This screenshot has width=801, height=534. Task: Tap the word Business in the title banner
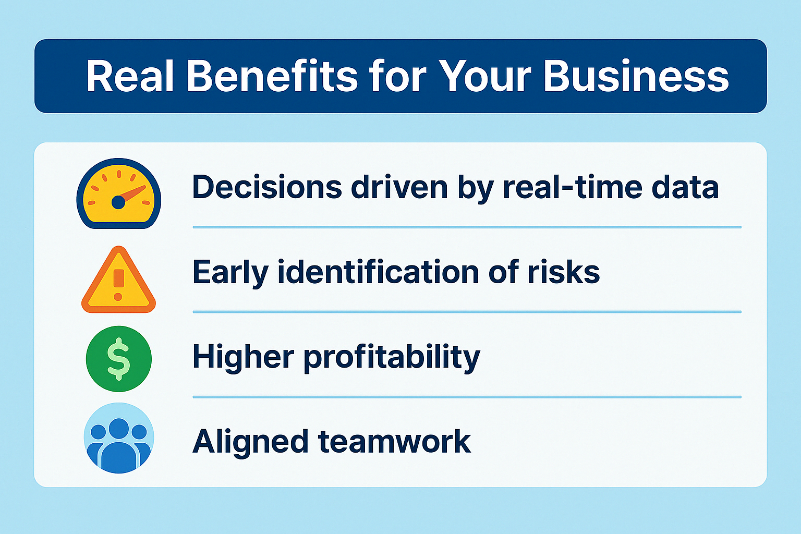636,77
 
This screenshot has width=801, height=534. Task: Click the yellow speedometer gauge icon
119,193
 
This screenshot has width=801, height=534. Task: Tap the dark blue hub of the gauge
118,202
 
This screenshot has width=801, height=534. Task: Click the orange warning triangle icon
119,280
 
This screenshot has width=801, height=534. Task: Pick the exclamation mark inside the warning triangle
118,285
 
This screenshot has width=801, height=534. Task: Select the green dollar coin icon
119,359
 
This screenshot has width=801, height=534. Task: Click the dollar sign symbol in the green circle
118,359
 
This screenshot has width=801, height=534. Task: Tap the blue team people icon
119,438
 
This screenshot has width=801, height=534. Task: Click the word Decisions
267,187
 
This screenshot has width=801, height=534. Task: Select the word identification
378,272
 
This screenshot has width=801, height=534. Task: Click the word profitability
392,358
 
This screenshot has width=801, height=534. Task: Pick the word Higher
243,358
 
